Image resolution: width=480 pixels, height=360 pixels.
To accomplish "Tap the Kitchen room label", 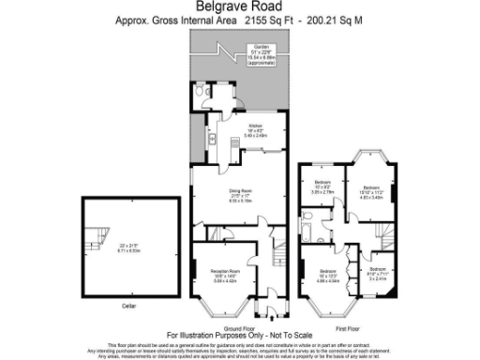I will click(x=253, y=125).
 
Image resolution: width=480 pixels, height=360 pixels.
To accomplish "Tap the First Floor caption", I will click(x=348, y=328).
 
